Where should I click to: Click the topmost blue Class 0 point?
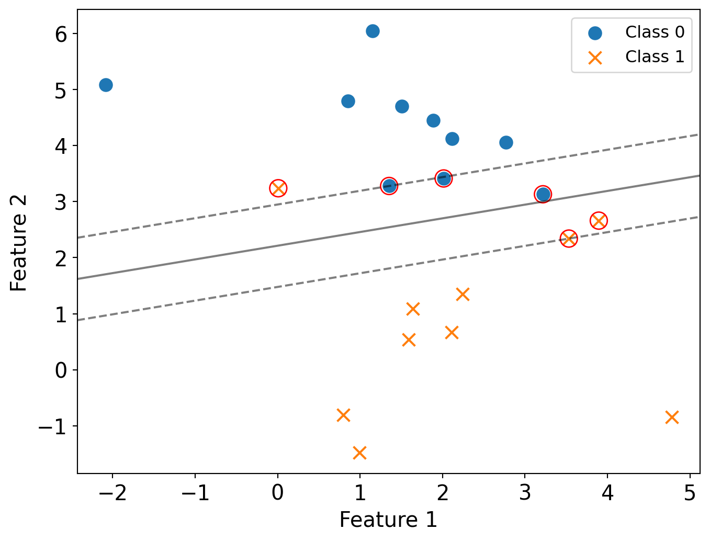pos(373,31)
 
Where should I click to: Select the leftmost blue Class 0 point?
pos(106,85)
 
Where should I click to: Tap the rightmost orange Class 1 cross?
pos(672,417)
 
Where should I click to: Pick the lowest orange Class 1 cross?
pos(359,453)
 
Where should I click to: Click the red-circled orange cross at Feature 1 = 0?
pos(278,188)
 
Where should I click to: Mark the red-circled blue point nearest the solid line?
pos(543,195)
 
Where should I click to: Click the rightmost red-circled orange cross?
pos(599,221)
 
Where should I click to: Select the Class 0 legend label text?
pos(655,32)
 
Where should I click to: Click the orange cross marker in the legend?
pos(595,57)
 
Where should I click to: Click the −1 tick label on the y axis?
pos(53,427)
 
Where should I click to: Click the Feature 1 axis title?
pos(388,520)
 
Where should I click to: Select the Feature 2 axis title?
pos(19,243)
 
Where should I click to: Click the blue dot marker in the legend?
pos(595,33)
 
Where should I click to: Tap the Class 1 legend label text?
pos(655,57)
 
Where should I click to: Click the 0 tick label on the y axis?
pos(61,370)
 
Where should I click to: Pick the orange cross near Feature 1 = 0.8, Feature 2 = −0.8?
pos(343,415)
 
